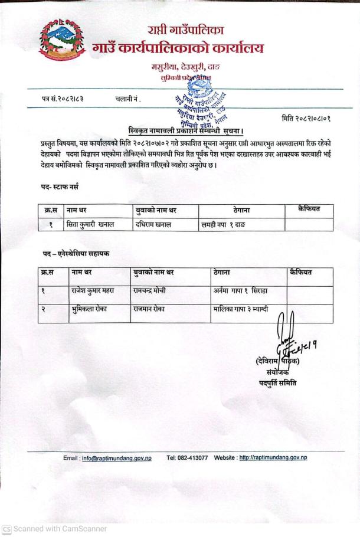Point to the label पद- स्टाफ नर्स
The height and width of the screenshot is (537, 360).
56,187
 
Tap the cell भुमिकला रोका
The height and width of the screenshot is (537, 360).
89,309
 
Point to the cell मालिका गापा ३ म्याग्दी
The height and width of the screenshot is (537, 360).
241,309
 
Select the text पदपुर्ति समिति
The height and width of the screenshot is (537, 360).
279,382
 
